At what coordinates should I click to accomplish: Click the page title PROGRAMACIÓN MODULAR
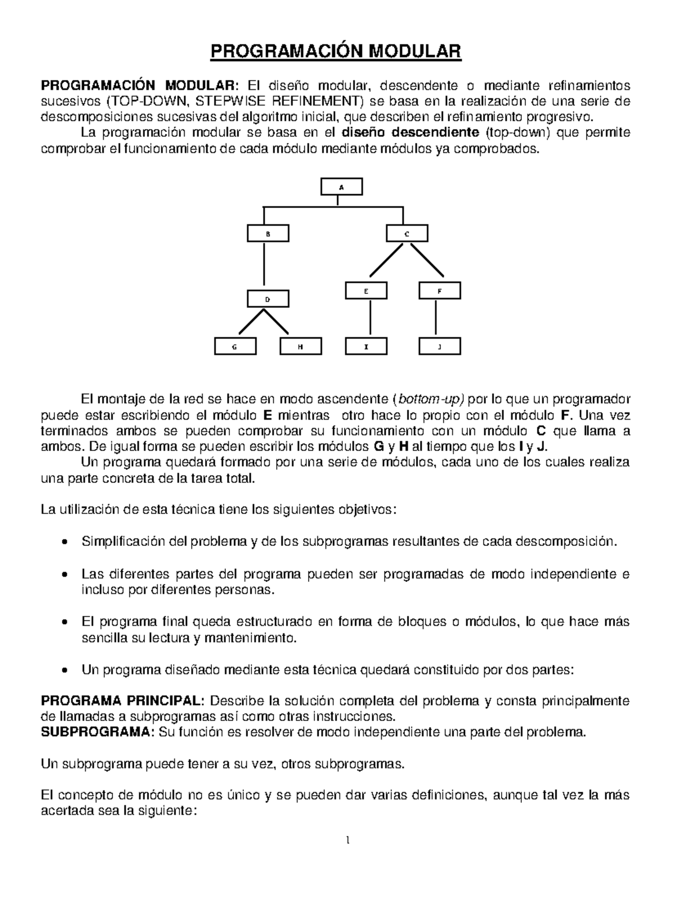click(335, 52)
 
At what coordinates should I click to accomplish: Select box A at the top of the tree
click(342, 187)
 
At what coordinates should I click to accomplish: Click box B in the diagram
click(268, 234)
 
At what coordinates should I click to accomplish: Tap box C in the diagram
click(407, 234)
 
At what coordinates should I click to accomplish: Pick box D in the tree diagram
click(268, 299)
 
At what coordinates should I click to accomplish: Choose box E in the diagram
click(366, 291)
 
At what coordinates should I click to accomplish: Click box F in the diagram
click(439, 291)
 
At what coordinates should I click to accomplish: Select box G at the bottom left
click(235, 347)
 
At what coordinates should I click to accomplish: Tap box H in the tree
click(300, 347)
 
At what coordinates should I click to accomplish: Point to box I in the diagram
click(366, 347)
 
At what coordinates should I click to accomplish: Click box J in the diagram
click(439, 347)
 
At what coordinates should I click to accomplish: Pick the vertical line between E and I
click(370, 319)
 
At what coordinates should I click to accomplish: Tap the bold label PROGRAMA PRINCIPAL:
click(122, 701)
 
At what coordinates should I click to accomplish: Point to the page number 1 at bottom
click(348, 841)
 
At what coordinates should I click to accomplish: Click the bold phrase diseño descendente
click(411, 133)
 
